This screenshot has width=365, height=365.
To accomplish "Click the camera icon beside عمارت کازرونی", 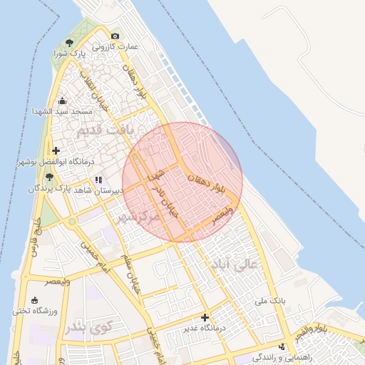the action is [115, 36].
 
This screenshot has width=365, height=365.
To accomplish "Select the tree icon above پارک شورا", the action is [69, 43].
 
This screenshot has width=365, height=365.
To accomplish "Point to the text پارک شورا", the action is [71, 53].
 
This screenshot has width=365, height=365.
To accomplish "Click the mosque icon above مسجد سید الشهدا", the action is [62, 101].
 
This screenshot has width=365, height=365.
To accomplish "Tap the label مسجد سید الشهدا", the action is [62, 112].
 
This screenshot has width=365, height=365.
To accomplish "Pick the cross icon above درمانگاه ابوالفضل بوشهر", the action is [56, 150].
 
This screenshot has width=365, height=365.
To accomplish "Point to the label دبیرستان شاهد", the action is [98, 191].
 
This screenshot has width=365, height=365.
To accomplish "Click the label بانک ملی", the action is [271, 301].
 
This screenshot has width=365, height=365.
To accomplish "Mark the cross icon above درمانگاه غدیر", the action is [205, 317].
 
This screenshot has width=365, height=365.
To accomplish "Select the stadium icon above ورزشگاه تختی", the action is [34, 299].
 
